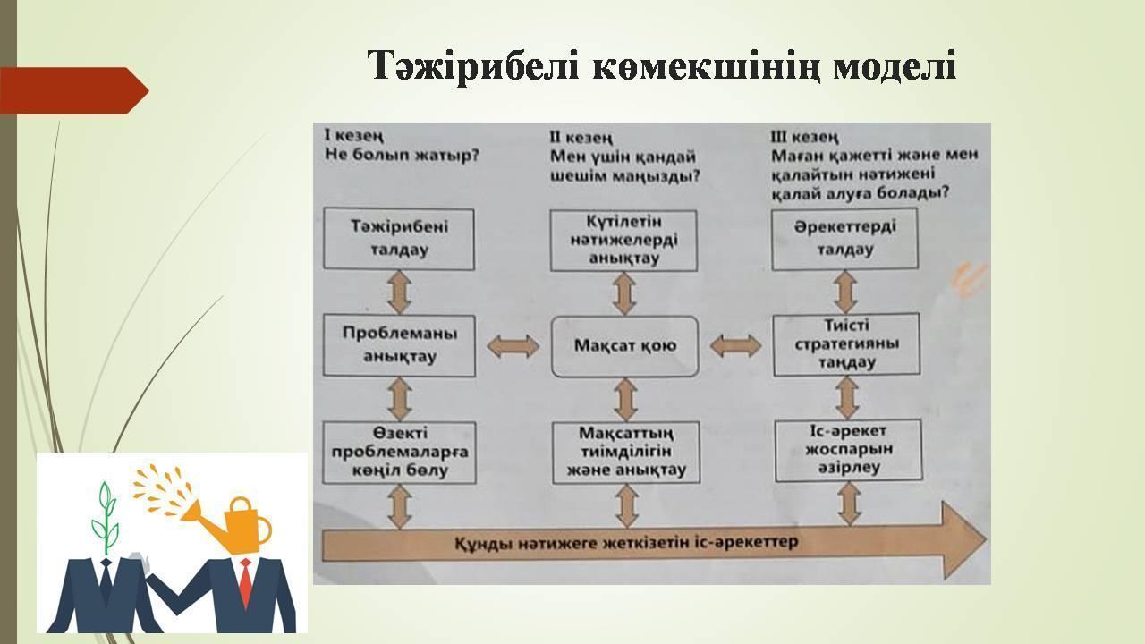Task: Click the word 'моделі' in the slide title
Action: pyautogui.click(x=894, y=66)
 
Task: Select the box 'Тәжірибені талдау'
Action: pyautogui.click(x=399, y=239)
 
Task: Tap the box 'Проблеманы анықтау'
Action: pyautogui.click(x=399, y=345)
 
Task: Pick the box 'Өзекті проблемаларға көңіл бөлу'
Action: pyautogui.click(x=399, y=453)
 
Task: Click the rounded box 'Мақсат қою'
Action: pyautogui.click(x=624, y=346)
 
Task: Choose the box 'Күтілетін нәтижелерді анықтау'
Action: pyautogui.click(x=623, y=241)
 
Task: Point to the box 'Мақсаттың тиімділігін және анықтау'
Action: pyautogui.click(x=625, y=453)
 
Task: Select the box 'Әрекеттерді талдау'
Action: pyautogui.click(x=844, y=239)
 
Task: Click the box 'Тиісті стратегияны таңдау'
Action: pyautogui.click(x=846, y=344)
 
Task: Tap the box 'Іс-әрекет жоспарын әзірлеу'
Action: pyautogui.click(x=849, y=450)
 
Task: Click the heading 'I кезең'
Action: pyautogui.click(x=354, y=136)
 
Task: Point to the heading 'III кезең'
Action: pyautogui.click(x=804, y=137)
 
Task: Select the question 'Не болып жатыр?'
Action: pyautogui.click(x=403, y=155)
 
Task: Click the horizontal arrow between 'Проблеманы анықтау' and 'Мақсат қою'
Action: pyautogui.click(x=513, y=346)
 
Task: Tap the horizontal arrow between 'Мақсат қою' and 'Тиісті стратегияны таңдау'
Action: pyautogui.click(x=735, y=345)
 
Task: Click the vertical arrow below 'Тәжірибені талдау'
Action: pyautogui.click(x=399, y=292)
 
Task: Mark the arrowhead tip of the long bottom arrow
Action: pyautogui.click(x=987, y=539)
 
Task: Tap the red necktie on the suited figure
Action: pyautogui.click(x=245, y=581)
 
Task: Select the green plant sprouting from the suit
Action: pyautogui.click(x=105, y=516)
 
